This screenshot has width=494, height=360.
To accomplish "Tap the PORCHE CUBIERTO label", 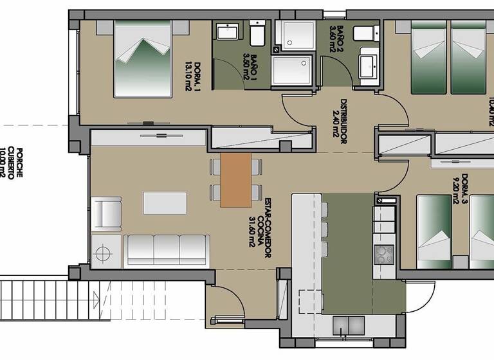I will (x=15, y=163).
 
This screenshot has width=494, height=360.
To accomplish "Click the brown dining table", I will (x=235, y=181).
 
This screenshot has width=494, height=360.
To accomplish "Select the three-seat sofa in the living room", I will (x=167, y=250).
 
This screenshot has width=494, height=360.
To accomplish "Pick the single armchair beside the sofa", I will (x=107, y=214).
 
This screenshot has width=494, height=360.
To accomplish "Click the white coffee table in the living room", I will (x=165, y=203).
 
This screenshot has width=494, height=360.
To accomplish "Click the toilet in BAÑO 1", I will (x=257, y=33).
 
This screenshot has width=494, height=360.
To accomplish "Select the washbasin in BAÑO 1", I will (x=227, y=33).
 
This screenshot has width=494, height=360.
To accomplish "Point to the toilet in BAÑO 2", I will (x=367, y=33).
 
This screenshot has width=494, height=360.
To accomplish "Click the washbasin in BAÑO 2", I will (x=368, y=64).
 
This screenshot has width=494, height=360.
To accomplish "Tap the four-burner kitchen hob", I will (x=383, y=254).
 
